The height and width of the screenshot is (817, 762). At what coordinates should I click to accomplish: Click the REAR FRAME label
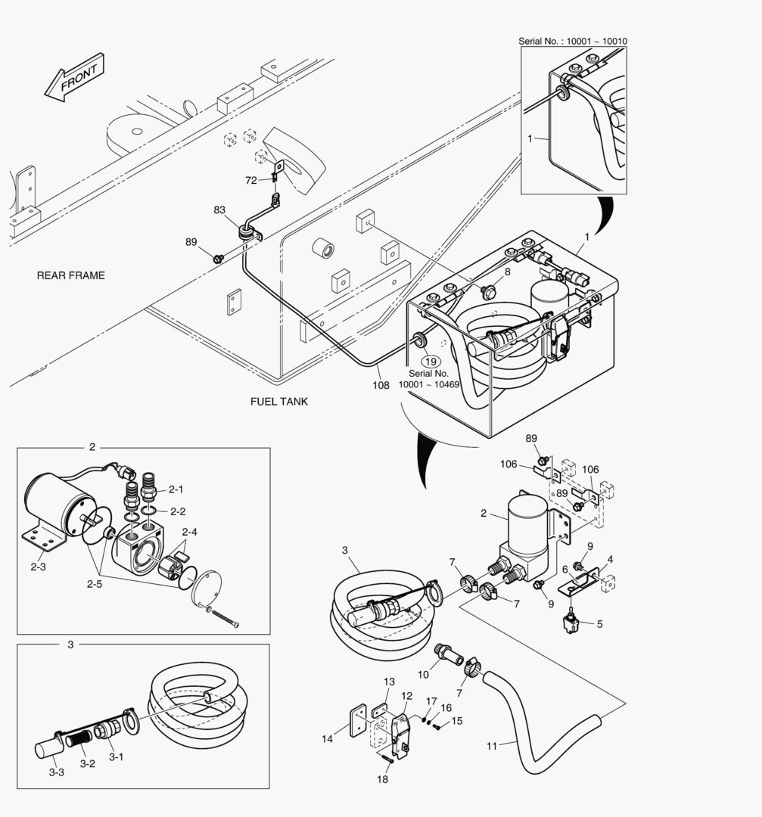[70, 275]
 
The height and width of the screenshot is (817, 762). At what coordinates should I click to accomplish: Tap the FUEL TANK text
[279, 402]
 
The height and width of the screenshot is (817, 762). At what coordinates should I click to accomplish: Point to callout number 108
[381, 385]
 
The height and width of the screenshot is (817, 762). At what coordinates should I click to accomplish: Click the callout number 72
[251, 180]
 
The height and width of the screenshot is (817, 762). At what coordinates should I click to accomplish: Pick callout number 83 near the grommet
[219, 210]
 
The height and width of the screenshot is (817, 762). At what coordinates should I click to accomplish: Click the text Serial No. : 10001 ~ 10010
[572, 42]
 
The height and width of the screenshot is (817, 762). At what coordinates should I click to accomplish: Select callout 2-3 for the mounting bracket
[38, 566]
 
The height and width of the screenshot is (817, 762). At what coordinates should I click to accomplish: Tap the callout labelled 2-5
[95, 583]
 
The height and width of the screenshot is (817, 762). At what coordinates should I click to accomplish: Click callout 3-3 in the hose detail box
[56, 772]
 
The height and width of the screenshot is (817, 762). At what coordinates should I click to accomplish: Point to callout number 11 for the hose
[492, 746]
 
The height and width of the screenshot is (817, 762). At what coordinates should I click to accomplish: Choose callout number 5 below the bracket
[599, 624]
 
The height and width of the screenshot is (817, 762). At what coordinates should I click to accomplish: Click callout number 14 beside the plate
[328, 739]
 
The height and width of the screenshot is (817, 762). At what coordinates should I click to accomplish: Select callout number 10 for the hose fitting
[424, 673]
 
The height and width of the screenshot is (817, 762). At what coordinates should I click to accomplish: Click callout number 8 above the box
[507, 271]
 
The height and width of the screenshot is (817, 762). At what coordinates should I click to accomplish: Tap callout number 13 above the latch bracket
[388, 682]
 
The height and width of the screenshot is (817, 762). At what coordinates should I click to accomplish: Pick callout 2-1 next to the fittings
[176, 489]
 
